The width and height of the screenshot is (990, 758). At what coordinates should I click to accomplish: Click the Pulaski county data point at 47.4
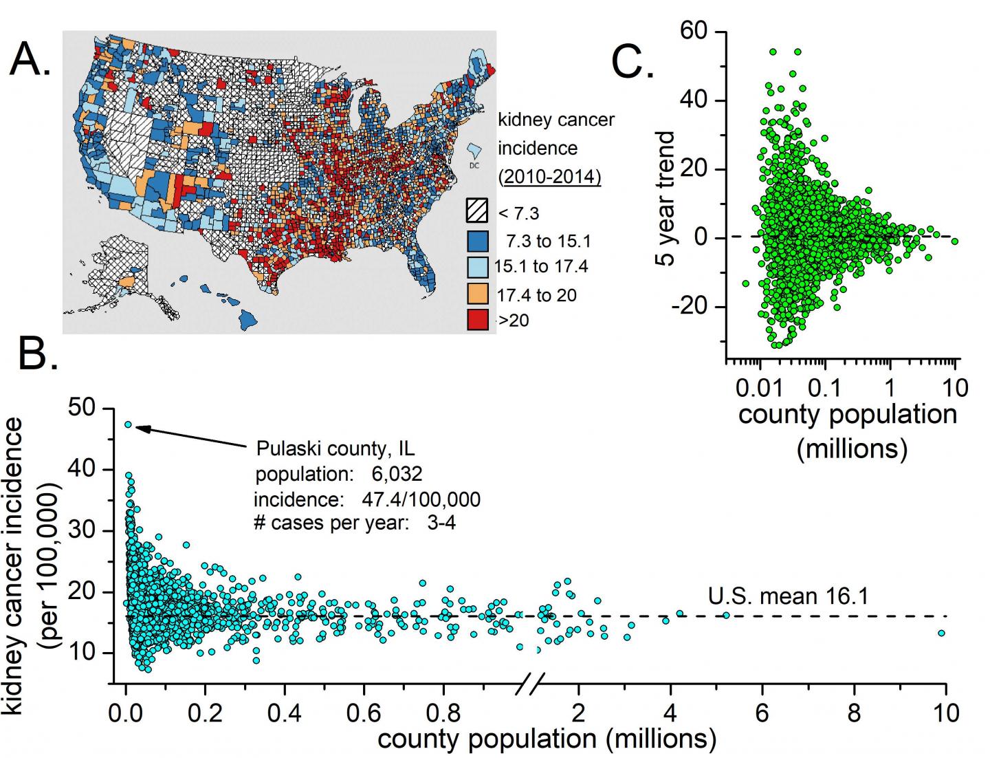click(x=128, y=424)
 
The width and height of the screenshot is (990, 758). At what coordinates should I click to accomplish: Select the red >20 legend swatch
click(x=477, y=320)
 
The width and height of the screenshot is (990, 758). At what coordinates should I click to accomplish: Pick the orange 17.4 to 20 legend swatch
click(x=477, y=294)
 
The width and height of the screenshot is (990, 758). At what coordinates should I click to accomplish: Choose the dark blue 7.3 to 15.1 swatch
click(x=477, y=240)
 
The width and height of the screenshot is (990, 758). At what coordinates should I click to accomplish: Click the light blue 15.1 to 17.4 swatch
click(x=477, y=266)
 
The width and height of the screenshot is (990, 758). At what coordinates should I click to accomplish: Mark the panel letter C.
click(x=632, y=63)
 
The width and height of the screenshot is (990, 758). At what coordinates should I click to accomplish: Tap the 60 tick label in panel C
click(x=695, y=32)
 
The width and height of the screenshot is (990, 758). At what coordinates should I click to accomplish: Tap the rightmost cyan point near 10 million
click(x=941, y=633)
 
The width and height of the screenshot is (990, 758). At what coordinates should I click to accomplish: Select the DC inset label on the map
click(x=474, y=165)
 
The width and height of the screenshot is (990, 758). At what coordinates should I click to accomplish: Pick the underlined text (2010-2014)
click(x=549, y=177)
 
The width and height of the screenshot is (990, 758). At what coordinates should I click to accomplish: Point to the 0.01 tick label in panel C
click(x=759, y=388)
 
